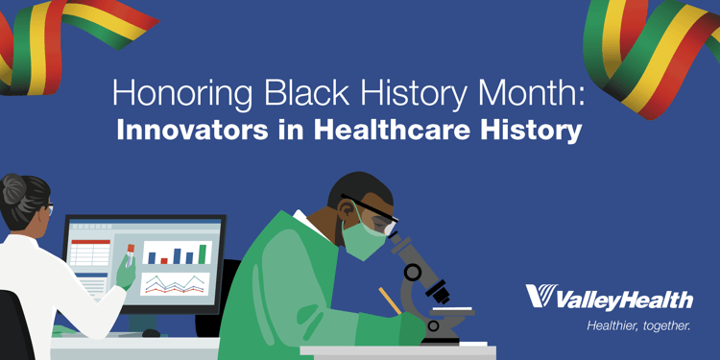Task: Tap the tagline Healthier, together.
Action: [638, 327]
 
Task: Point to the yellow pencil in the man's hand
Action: [389, 300]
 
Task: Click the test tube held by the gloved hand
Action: [131, 253]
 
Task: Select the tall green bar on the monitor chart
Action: [203, 252]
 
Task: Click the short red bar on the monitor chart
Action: [164, 259]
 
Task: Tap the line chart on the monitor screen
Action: [175, 283]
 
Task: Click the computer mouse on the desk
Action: [151, 333]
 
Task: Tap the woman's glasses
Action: [45, 208]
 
